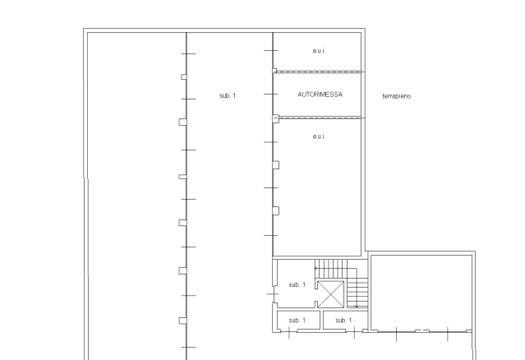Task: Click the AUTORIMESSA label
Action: (x=320, y=95)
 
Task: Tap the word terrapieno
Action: (x=397, y=96)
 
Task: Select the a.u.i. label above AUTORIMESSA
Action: (x=319, y=51)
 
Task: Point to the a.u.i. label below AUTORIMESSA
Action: (x=319, y=136)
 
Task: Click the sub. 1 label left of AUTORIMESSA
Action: (x=228, y=95)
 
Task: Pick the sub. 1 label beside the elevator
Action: (x=297, y=284)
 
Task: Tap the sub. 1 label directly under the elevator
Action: (x=343, y=321)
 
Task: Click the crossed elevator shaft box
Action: (x=331, y=294)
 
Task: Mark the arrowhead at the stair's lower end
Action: (x=357, y=306)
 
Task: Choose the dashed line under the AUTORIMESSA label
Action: (x=320, y=118)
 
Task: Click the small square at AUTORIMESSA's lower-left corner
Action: (x=275, y=118)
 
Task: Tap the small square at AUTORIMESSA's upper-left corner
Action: (x=274, y=71)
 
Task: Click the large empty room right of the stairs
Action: (x=421, y=293)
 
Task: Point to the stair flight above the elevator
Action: (x=332, y=268)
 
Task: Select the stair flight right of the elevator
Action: (x=357, y=294)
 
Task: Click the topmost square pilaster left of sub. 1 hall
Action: (x=184, y=77)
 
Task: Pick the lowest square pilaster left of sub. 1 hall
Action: (x=183, y=321)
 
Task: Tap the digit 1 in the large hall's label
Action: (x=234, y=95)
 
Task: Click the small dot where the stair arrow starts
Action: (x=316, y=269)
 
